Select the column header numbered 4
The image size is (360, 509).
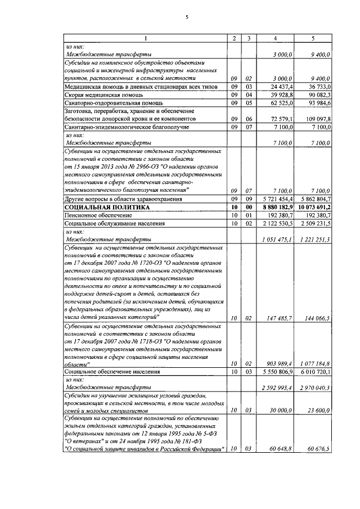pos(275,38)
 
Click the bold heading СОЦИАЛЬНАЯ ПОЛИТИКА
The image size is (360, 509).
pos(107,208)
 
